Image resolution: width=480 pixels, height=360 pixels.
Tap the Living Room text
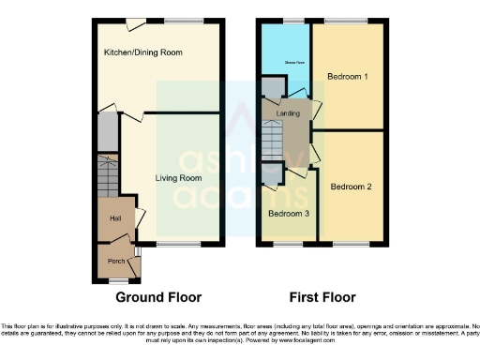[178, 177]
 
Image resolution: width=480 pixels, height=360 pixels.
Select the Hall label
[115, 218]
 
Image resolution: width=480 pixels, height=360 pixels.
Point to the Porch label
[116, 261]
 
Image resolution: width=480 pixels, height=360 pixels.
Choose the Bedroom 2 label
[351, 187]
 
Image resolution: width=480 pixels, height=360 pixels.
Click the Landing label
[288, 113]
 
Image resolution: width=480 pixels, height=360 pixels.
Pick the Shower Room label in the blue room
[285, 65]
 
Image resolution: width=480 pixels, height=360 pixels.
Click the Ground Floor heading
[158, 298]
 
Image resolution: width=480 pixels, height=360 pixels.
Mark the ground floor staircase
[108, 173]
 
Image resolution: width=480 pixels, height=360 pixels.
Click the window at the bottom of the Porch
[117, 280]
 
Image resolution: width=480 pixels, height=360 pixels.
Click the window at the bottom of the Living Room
[177, 246]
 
